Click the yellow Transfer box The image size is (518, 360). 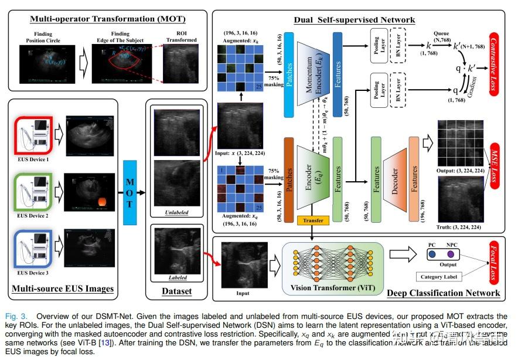pos(314,221)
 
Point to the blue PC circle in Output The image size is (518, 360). pos(431,254)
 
